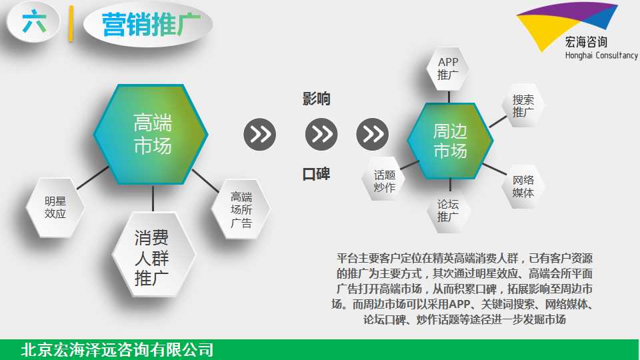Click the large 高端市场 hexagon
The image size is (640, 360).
pyautogui.click(x=151, y=134)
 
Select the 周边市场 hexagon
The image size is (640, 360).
pyautogui.click(x=450, y=141)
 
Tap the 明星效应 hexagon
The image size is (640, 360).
pyautogui.click(x=55, y=207)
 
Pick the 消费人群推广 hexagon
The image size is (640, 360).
pyautogui.click(x=152, y=255)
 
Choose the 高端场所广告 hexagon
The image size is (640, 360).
pyautogui.click(x=241, y=209)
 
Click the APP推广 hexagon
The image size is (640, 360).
pyautogui.click(x=448, y=69)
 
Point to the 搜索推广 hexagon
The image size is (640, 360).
pyautogui.click(x=523, y=106)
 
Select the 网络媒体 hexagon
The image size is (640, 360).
pyautogui.click(x=523, y=186)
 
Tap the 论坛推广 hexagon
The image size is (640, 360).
pyautogui.click(x=448, y=210)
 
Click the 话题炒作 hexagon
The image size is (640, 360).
pyautogui.click(x=384, y=181)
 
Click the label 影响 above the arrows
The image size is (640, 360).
pyautogui.click(x=316, y=99)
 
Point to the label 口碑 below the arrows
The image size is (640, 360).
pyautogui.click(x=316, y=174)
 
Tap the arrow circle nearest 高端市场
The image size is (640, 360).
pyautogui.click(x=260, y=134)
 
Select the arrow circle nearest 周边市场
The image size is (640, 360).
pyautogui.click(x=372, y=134)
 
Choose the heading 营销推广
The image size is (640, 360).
pyautogui.click(x=151, y=25)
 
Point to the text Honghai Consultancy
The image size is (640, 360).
pyautogui.click(x=601, y=55)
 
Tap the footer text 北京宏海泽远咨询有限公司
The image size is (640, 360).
pyautogui.click(x=117, y=350)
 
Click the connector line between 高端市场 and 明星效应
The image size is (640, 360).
pyautogui.click(x=93, y=178)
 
